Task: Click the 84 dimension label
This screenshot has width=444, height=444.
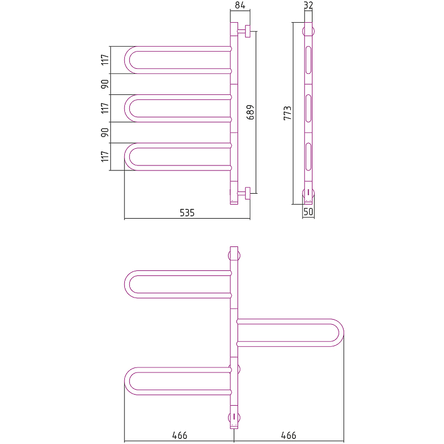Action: pos(240,5)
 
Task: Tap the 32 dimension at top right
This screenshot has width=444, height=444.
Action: pos(308,5)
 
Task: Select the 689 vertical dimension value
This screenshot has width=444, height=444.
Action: pos(251,112)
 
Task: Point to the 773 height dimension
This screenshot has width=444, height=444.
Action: pos(287,113)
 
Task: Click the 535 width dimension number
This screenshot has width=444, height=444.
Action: pos(187,213)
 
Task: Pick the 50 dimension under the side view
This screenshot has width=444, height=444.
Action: pos(308,211)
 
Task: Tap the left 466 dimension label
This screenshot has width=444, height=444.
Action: pos(180,435)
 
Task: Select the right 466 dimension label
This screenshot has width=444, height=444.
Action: pos(289,435)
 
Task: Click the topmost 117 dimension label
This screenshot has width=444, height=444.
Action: pos(105,60)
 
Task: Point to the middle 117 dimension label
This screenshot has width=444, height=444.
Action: pos(105,108)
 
